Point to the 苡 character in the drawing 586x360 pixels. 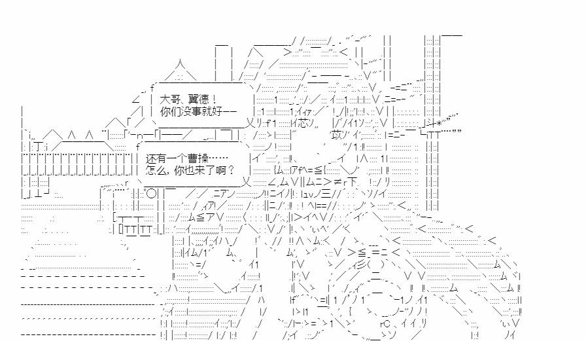coord(337,135)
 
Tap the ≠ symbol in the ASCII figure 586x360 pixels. coord(340,183)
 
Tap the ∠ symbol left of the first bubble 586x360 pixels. coord(135,98)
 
